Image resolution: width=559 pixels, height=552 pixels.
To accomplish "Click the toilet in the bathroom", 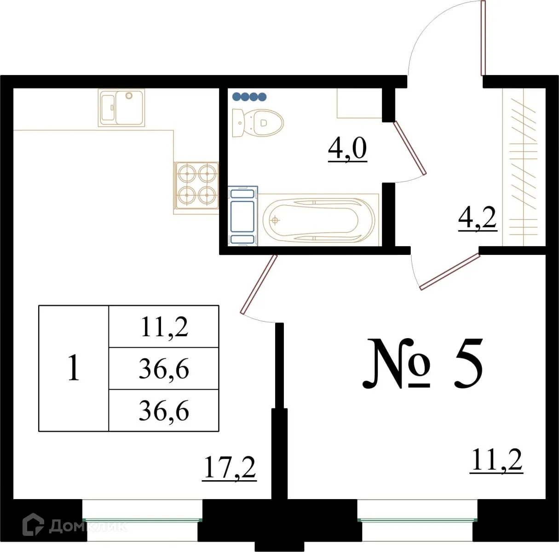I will tap(258, 123).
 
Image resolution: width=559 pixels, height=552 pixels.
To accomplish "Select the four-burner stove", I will tap(196, 185).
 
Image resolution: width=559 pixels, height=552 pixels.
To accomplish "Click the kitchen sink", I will tap(121, 108).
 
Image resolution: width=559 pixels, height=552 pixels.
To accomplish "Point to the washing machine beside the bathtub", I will tap(242, 215).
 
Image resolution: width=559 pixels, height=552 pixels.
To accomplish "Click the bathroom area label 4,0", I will tap(347, 149).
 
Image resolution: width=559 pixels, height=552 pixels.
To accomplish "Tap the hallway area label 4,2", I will tap(478, 218).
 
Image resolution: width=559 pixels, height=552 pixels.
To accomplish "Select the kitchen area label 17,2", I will tap(229, 469).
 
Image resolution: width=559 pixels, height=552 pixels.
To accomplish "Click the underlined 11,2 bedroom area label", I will tap(497, 461).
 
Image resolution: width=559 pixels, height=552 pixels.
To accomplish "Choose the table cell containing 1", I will tap(74, 368).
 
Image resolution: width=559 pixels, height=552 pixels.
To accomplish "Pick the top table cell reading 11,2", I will tap(164, 327).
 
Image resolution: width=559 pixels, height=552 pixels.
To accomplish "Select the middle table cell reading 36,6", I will tap(164, 369).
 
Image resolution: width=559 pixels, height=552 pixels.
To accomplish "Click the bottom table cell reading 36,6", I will tap(164, 411).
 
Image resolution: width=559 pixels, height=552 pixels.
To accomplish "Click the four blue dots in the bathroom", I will tap(249, 97).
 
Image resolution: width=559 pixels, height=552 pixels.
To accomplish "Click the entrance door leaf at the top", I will tap(483, 38).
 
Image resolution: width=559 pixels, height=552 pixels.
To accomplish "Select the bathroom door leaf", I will tap(411, 148).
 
